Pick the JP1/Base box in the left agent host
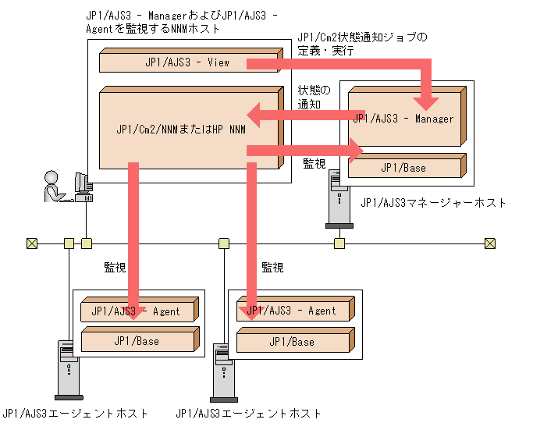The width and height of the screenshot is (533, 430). (137, 341)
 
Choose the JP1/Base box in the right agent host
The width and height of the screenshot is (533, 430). (292, 342)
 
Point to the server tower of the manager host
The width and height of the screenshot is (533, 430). (337, 200)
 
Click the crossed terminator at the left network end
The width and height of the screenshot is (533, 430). (31, 243)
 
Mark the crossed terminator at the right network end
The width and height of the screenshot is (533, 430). (489, 243)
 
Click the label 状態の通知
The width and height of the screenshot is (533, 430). (314, 97)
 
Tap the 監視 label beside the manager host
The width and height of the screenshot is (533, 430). (314, 164)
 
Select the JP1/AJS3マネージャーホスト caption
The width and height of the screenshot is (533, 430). (433, 203)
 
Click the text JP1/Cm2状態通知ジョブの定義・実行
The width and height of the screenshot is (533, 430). (363, 44)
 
